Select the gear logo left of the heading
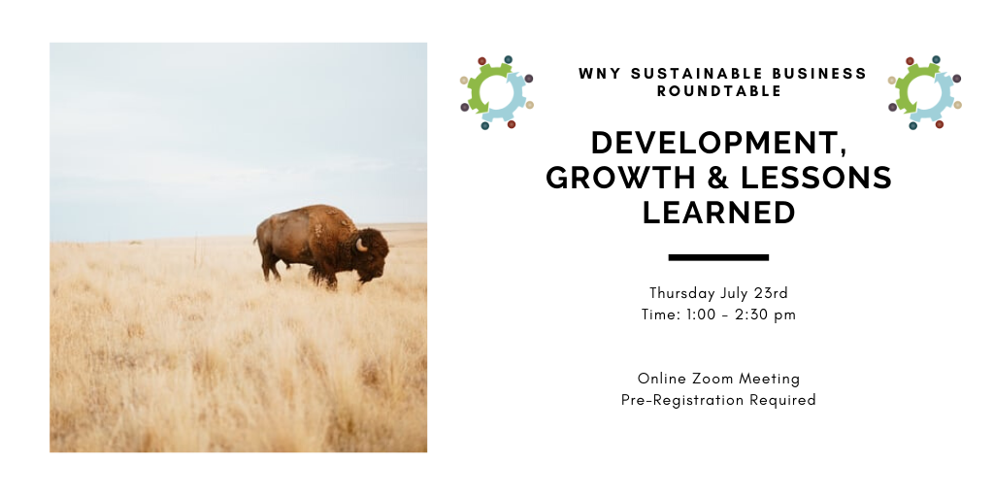(497, 92)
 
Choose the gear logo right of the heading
(925, 92)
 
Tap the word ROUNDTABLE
(719, 91)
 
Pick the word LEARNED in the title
(719, 213)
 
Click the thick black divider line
(719, 257)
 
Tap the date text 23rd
(771, 293)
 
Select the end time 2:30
(748, 315)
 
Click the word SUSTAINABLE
(689, 74)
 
